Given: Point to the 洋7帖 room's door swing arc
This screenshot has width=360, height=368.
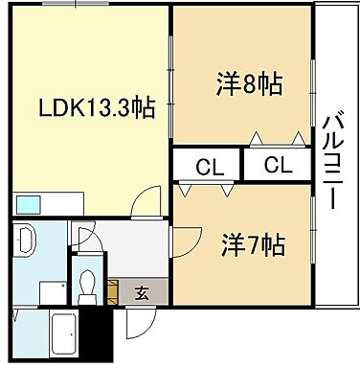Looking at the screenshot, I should (186, 240).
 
